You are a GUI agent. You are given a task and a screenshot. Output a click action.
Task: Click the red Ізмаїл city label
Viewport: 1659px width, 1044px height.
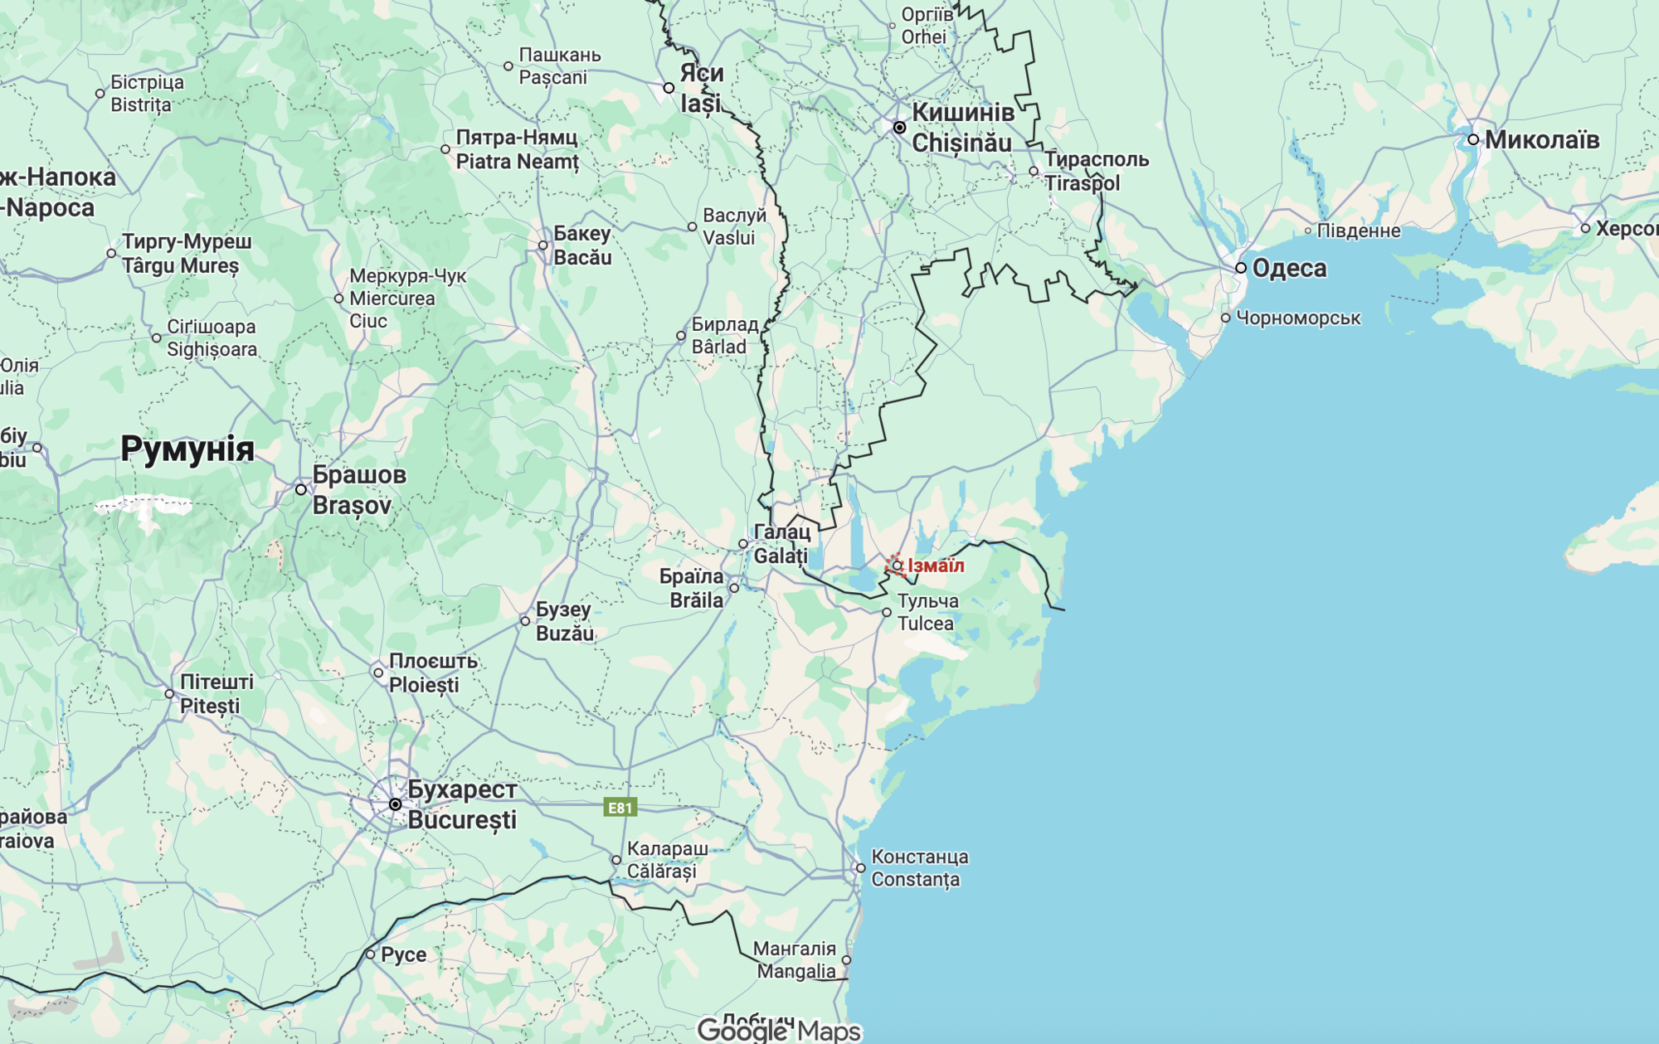click(936, 566)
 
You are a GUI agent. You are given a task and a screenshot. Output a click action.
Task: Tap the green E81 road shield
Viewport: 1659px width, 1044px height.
click(620, 808)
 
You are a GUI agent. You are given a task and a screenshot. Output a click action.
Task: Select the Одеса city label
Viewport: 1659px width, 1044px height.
click(1289, 268)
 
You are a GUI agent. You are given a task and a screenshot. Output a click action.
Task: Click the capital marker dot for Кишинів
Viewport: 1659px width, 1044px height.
click(899, 128)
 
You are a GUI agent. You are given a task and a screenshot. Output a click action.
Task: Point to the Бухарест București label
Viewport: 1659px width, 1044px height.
click(462, 804)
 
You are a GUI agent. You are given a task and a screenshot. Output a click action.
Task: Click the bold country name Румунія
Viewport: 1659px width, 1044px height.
click(187, 449)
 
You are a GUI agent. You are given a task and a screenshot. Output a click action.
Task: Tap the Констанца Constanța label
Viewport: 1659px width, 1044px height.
click(919, 867)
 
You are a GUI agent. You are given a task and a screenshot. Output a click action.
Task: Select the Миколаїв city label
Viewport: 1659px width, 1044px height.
click(1541, 139)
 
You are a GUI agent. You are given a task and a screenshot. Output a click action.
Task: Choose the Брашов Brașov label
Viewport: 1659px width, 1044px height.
click(358, 489)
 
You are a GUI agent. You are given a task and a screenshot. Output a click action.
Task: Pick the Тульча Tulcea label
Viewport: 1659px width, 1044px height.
click(927, 612)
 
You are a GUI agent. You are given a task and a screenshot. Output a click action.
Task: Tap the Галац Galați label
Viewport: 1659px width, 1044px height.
click(781, 543)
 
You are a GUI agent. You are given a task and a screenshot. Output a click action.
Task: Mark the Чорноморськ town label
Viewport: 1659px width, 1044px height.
click(1297, 318)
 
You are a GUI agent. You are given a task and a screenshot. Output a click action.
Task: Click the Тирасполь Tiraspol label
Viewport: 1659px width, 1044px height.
click(1095, 171)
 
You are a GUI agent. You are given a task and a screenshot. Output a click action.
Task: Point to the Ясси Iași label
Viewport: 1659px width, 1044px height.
click(701, 88)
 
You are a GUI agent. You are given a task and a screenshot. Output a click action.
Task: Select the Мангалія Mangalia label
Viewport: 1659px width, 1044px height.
click(795, 959)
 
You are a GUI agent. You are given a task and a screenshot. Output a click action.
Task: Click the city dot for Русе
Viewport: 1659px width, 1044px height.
click(371, 954)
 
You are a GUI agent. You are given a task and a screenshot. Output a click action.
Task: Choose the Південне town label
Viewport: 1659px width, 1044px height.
click(1358, 231)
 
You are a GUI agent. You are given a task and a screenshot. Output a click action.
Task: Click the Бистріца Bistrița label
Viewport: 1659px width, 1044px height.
click(147, 93)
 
